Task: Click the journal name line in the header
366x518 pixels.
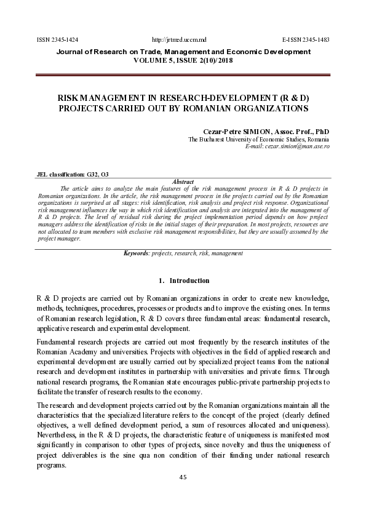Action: click(x=183, y=52)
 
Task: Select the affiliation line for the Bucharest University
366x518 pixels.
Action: click(x=258, y=140)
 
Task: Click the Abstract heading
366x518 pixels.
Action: click(x=184, y=181)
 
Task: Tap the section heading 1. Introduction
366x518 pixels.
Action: click(x=183, y=281)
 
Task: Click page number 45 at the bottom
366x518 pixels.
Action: click(x=183, y=476)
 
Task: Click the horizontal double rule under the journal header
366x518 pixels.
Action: click(x=183, y=74)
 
